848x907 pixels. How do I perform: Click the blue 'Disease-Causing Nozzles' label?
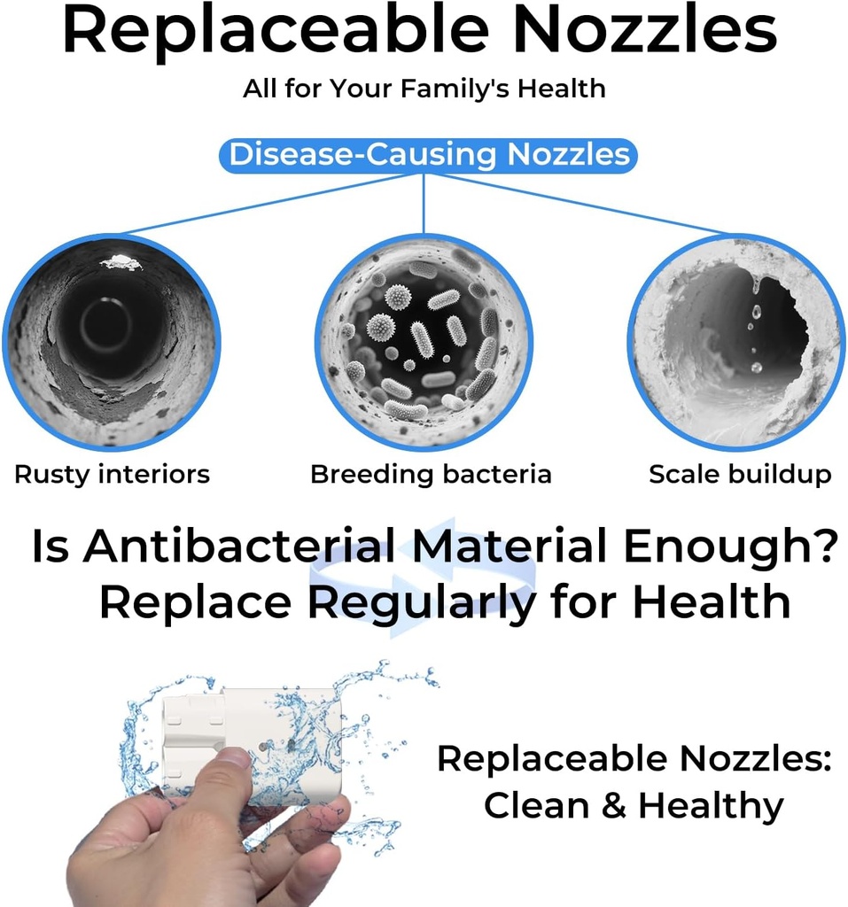click(428, 155)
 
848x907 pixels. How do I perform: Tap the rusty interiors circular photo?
click(112, 342)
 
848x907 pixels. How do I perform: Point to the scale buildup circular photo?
click(735, 342)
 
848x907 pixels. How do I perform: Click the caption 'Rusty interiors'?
click(112, 475)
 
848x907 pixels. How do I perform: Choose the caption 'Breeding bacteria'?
click(431, 475)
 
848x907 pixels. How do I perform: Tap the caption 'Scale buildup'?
click(740, 475)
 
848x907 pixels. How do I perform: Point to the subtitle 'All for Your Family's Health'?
click(424, 89)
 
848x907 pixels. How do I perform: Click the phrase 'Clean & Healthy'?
click(634, 806)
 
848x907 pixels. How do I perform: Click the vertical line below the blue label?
click(424, 204)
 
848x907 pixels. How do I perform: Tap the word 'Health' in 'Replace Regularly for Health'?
click(711, 603)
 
